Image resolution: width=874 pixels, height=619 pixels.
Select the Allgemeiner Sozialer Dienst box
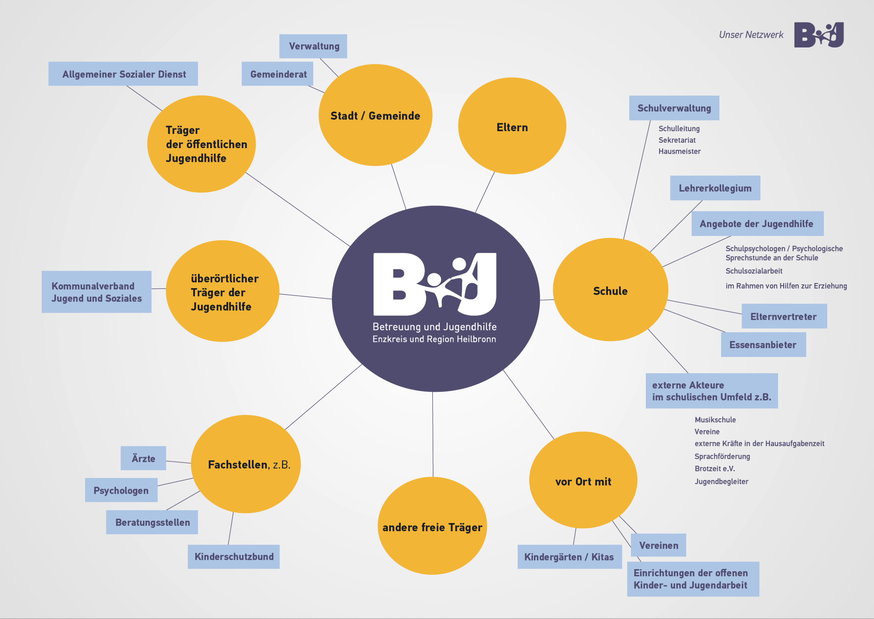tap(123, 74)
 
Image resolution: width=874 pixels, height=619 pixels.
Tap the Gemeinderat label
tap(278, 74)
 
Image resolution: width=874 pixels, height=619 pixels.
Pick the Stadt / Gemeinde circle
tap(375, 115)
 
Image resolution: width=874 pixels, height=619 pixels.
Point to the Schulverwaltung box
tap(674, 108)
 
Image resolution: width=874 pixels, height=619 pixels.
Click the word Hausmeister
tap(679, 151)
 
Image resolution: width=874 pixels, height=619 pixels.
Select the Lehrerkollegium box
tap(715, 188)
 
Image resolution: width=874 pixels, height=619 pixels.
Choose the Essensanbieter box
tap(763, 344)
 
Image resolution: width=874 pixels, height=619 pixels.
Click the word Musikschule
tap(715, 420)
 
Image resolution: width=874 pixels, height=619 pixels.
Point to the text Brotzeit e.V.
tap(715, 468)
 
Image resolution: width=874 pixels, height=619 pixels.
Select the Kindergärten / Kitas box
tap(569, 557)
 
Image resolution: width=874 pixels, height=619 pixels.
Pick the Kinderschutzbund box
tap(234, 557)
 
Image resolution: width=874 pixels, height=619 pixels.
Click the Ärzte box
tap(143, 458)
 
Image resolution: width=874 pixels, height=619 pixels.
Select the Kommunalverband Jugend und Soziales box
tap(96, 292)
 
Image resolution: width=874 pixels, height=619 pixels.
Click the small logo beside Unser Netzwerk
tap(819, 35)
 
